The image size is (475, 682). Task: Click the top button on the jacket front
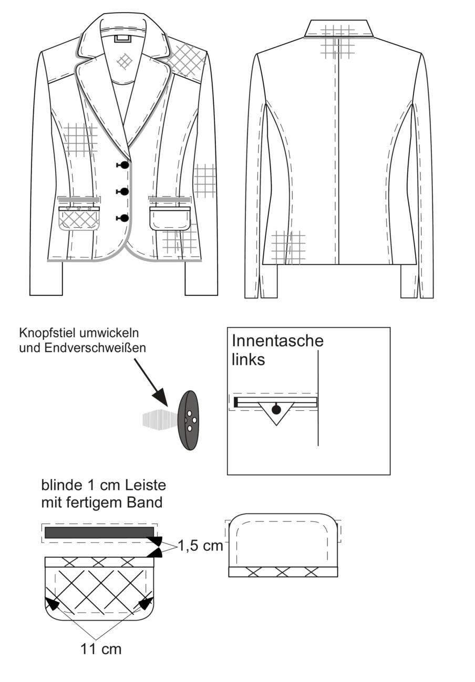tap(125, 165)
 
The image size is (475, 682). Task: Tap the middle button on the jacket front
tap(125, 191)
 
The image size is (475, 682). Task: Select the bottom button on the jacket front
tap(125, 218)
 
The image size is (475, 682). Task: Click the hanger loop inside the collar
tap(123, 39)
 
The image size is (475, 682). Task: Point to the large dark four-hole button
tap(188, 420)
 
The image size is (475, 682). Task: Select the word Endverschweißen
tap(95, 348)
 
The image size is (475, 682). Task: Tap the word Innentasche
tap(277, 340)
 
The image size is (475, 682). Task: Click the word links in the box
tap(248, 359)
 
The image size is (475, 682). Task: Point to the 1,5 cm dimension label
tap(200, 546)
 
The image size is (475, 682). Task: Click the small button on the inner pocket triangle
tap(276, 410)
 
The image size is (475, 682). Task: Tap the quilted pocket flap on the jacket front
tap(79, 219)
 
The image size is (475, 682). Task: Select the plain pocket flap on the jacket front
tap(170, 219)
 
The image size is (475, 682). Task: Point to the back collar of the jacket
tap(338, 29)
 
